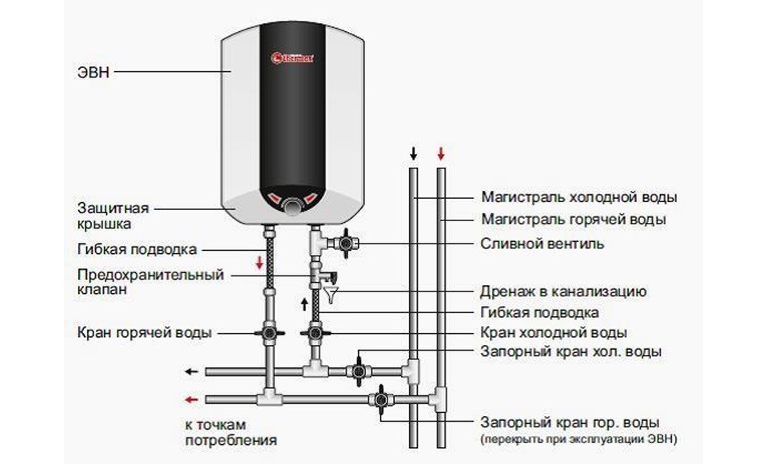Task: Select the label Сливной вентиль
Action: point(542,242)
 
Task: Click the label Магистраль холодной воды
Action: point(578,196)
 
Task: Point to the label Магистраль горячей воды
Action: point(573,219)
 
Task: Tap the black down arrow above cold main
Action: point(412,153)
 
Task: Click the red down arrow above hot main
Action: point(439,153)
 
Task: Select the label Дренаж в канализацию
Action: point(563,291)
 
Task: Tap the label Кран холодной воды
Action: point(554,332)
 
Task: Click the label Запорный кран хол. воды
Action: point(571,351)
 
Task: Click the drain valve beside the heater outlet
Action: point(347,241)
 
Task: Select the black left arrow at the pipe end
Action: point(193,371)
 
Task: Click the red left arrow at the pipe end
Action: point(193,399)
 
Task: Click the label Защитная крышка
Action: point(113,216)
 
